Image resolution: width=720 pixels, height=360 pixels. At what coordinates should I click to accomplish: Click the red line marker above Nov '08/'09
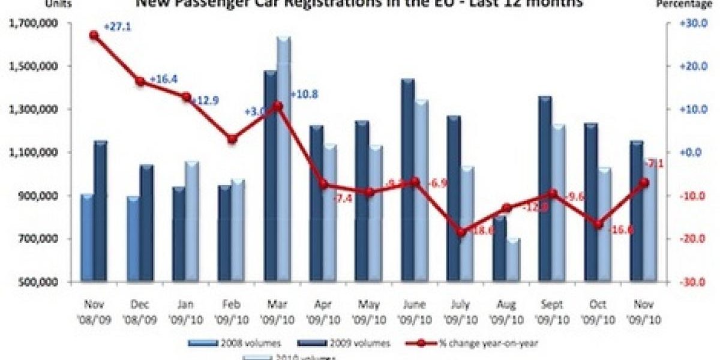tap(94, 35)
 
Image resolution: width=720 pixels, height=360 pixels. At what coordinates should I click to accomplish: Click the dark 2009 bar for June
tap(408, 180)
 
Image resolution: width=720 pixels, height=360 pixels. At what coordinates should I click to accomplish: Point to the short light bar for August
tap(513, 260)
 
